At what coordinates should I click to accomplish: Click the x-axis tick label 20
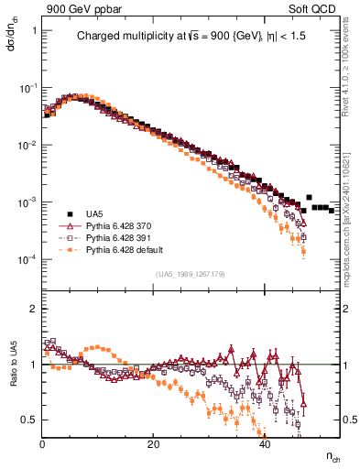tap(154, 444)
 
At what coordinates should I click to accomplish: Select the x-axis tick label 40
tap(265, 444)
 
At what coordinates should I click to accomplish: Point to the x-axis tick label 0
tap(43, 444)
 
